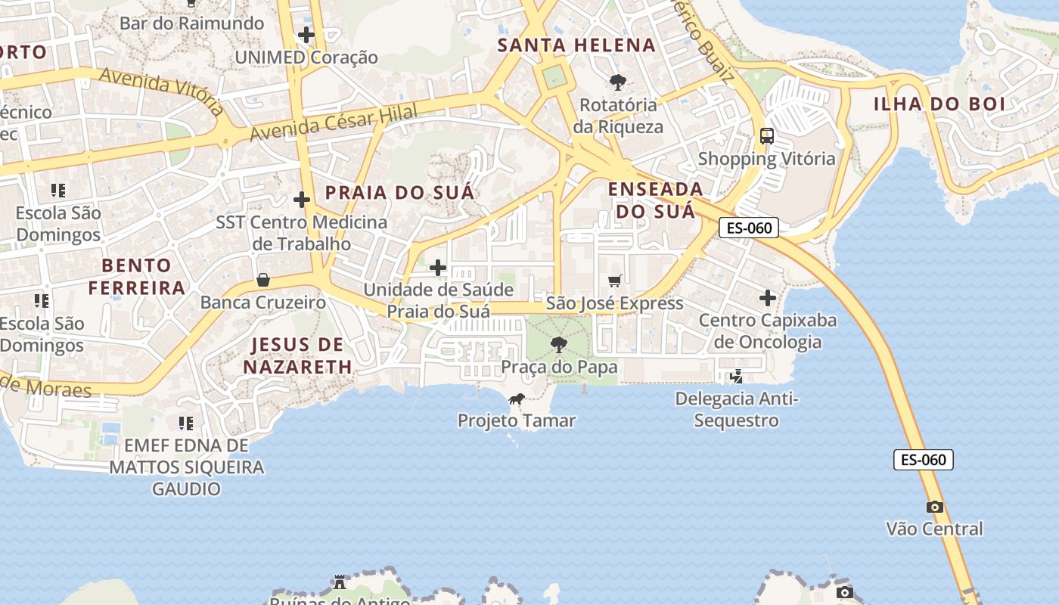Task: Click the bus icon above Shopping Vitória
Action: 767,136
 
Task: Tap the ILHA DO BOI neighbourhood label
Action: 939,104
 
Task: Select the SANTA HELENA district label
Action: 576,45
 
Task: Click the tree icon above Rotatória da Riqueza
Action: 618,82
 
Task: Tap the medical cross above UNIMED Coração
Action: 306,35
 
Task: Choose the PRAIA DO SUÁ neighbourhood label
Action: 399,192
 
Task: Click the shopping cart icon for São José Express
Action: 615,281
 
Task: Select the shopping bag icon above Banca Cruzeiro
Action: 263,280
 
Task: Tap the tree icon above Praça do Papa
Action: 559,345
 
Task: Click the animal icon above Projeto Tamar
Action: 517,399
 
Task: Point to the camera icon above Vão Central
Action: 935,507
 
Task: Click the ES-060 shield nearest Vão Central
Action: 924,460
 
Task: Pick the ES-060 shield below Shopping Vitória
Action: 748,228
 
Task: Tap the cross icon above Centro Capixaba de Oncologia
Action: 768,298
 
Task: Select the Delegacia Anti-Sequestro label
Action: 737,409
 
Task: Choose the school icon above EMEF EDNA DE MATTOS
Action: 186,423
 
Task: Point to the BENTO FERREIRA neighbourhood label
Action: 137,276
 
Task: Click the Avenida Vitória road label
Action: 160,91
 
